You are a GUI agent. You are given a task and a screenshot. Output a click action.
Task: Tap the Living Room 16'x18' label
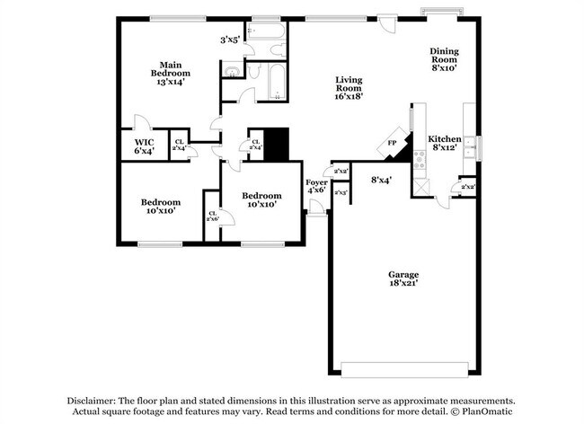pyautogui.click(x=349, y=84)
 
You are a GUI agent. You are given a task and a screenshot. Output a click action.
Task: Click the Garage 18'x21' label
pyautogui.click(x=403, y=279)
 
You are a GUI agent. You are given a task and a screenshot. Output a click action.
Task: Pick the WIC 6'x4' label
pyautogui.click(x=145, y=147)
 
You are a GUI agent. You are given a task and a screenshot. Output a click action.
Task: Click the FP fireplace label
pyautogui.click(x=392, y=144)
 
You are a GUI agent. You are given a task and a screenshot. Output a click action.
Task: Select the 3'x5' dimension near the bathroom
pyautogui.click(x=230, y=40)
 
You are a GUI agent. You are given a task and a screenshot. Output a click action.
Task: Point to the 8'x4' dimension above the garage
pyautogui.click(x=382, y=180)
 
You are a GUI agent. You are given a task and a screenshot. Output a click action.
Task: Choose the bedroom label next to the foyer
pyautogui.click(x=262, y=199)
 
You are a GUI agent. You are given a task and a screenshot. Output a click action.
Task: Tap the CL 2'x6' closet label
pyautogui.click(x=213, y=216)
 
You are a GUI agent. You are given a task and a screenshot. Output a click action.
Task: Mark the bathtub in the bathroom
pyautogui.click(x=274, y=80)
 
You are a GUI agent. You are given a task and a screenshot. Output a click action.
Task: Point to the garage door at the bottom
pyautogui.click(x=404, y=369)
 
